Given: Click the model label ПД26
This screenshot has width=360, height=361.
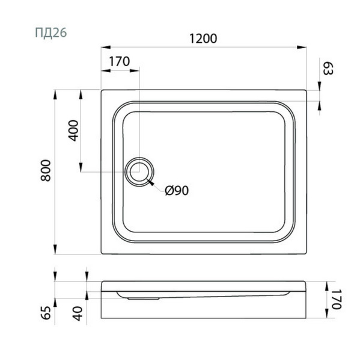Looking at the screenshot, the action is pyautogui.click(x=51, y=32).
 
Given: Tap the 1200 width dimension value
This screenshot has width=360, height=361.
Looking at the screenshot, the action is pyautogui.click(x=203, y=39).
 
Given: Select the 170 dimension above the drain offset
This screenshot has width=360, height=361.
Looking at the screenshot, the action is pyautogui.click(x=119, y=61).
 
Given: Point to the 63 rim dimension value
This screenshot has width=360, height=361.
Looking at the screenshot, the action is pyautogui.click(x=328, y=69).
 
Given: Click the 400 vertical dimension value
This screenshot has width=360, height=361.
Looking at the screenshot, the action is pyautogui.click(x=73, y=131).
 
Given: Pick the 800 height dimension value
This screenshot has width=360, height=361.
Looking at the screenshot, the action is pyautogui.click(x=46, y=171).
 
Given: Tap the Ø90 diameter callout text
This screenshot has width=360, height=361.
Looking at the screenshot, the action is pyautogui.click(x=177, y=190).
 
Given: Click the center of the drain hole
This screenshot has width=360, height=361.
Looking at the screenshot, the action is pyautogui.click(x=139, y=171).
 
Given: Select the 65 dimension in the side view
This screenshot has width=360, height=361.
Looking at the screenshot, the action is pyautogui.click(x=47, y=313).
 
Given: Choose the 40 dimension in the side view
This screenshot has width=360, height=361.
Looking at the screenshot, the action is pyautogui.click(x=78, y=313).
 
